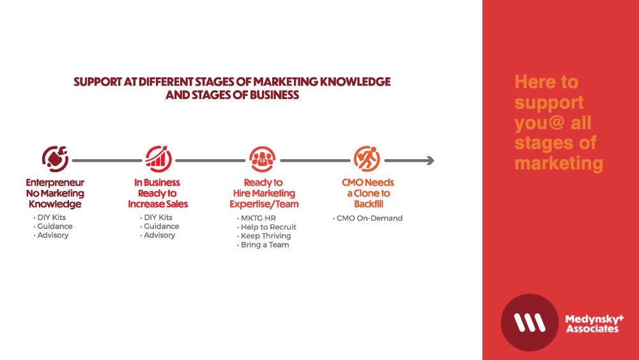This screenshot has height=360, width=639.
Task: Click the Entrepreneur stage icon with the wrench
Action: point(55,159)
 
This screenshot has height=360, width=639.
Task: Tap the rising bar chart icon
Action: point(158,159)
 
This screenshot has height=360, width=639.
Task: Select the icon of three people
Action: point(263,159)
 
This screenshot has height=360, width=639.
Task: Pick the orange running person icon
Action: point(367,159)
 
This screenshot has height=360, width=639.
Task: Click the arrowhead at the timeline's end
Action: point(430,160)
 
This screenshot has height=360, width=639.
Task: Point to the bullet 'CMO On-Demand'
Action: point(367,218)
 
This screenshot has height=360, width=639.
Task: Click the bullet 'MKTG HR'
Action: point(256,218)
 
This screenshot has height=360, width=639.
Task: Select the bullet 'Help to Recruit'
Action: point(266,227)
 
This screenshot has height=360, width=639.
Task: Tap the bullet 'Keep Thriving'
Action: point(264,236)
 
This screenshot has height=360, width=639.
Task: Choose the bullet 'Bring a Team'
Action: point(263,245)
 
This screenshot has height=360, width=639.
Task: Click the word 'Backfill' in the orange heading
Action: point(369,204)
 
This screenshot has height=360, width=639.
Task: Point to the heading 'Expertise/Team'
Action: point(264,204)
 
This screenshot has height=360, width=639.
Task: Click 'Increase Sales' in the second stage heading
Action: point(158,204)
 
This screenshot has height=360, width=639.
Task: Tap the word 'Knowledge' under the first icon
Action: point(55,204)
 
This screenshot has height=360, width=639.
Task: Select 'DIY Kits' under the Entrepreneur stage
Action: point(49,217)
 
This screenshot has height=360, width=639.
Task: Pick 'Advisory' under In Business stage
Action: point(158,235)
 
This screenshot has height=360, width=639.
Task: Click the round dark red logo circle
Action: point(529,322)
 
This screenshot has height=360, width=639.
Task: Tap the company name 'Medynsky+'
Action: point(594,319)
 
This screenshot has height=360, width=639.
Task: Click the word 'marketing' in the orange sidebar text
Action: point(558,164)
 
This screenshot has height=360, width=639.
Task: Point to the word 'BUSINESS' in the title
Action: point(274,95)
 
